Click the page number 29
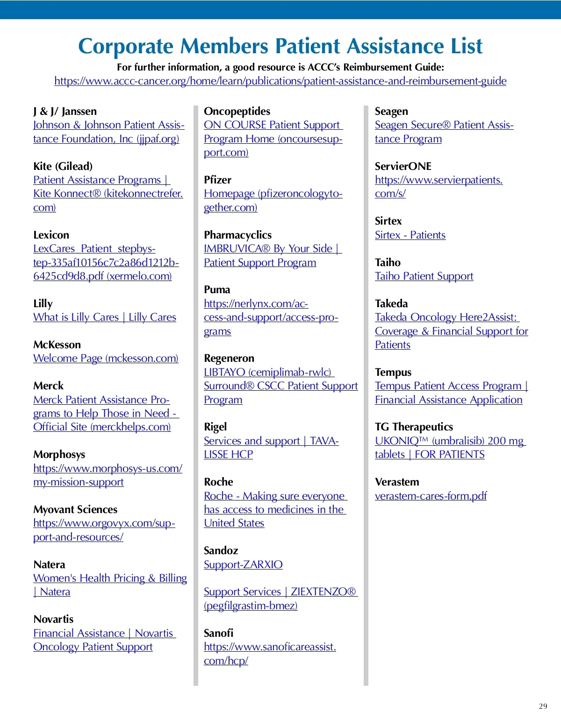543,706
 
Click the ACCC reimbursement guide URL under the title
280,81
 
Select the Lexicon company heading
51,235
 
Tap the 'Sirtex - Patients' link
410,235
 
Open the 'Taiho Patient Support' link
424,276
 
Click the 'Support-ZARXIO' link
243,564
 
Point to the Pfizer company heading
217,180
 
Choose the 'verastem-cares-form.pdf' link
431,496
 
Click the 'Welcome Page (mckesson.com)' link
106,358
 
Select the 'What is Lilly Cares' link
76,317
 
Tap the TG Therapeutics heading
414,427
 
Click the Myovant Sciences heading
75,509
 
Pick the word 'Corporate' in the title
126,46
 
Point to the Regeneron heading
229,358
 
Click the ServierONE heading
403,166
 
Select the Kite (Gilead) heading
63,166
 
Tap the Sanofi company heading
218,633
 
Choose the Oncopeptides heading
237,111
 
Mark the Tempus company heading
393,372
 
